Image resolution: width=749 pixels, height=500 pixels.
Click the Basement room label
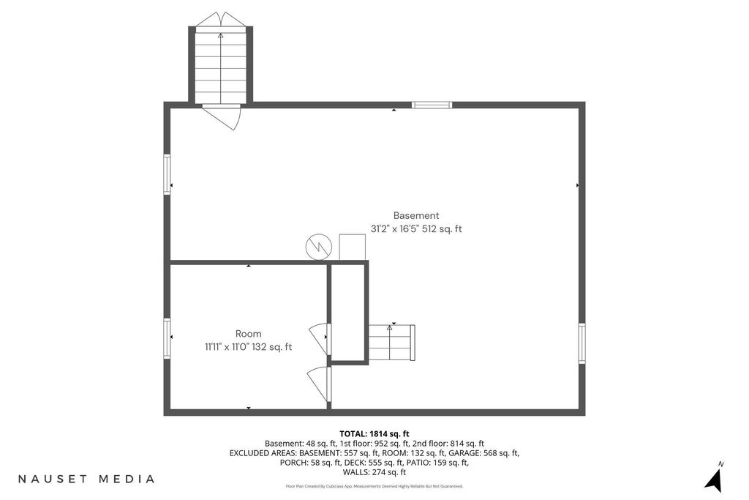point(416,215)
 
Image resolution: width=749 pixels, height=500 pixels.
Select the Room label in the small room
point(249,334)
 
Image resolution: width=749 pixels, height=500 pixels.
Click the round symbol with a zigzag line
point(319,247)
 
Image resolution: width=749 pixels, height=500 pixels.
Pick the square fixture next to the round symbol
point(352,247)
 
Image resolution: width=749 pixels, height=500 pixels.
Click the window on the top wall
point(432,105)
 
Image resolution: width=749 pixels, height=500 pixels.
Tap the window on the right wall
point(581,343)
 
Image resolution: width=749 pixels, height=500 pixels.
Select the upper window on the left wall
point(168,174)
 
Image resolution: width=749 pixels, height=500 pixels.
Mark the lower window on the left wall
point(168,338)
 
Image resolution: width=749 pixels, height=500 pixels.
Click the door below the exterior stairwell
point(222,116)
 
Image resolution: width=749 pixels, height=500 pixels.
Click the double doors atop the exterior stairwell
point(221,19)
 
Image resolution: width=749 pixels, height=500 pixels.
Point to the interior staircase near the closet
point(392,343)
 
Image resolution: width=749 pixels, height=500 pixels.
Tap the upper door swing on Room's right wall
point(319,338)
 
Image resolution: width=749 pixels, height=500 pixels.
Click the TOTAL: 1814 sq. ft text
point(374,434)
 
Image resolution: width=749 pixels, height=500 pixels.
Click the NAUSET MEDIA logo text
point(86,479)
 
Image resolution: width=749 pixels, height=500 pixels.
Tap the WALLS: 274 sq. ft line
point(374,472)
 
